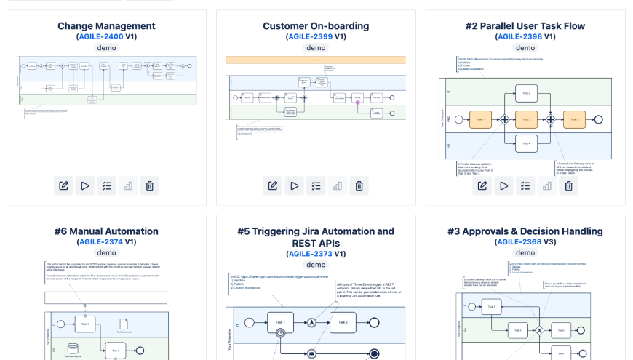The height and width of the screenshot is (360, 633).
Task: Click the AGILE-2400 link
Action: pyautogui.click(x=102, y=36)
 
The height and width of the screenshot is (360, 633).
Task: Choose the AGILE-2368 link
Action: pyautogui.click(x=519, y=241)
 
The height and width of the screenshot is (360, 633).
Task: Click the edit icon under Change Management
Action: pyautogui.click(x=63, y=185)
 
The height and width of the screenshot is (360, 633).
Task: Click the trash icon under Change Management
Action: pyautogui.click(x=149, y=185)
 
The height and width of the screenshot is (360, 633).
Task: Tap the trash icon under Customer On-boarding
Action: pyautogui.click(x=359, y=185)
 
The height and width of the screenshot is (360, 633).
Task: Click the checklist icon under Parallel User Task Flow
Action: pyautogui.click(x=525, y=185)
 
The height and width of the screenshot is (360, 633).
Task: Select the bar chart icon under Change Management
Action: pyautogui.click(x=128, y=185)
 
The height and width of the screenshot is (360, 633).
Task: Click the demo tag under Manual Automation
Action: pyautogui.click(x=106, y=253)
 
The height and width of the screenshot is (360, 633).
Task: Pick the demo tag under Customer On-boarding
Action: pyautogui.click(x=316, y=48)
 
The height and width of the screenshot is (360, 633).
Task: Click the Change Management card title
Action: pyautogui.click(x=106, y=26)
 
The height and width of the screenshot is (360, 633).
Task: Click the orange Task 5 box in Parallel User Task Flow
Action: pyautogui.click(x=573, y=119)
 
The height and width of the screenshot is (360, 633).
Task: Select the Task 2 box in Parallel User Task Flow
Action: pyautogui.click(x=526, y=92)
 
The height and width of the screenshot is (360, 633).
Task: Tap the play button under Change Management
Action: pyautogui.click(x=85, y=185)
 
